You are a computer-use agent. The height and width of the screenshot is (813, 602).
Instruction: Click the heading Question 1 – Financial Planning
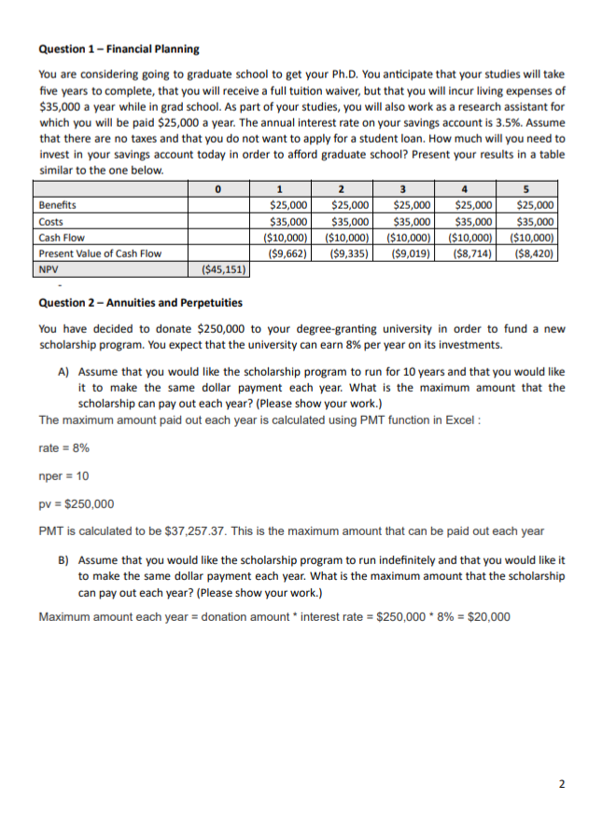(119, 48)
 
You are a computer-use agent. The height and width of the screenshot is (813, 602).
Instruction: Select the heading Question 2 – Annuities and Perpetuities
(140, 303)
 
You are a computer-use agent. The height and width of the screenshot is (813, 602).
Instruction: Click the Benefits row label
(58, 205)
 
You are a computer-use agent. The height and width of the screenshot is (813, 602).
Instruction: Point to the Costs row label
(52, 222)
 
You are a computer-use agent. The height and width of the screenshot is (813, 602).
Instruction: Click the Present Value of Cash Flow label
(100, 254)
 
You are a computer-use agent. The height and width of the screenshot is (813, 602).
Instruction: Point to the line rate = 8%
(64, 448)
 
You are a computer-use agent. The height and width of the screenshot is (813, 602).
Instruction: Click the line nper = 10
(64, 476)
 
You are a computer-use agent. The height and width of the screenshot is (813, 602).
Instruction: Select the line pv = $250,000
(77, 504)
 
